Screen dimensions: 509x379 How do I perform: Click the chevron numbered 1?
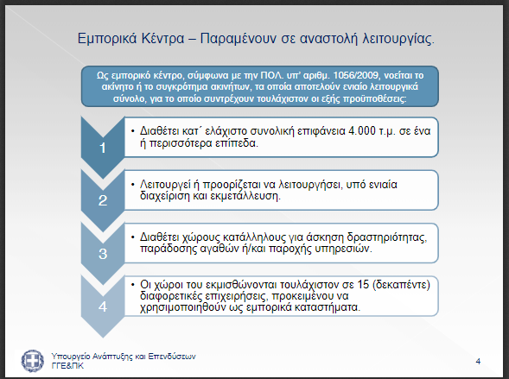[103, 148]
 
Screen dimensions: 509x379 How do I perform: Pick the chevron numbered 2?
[103, 200]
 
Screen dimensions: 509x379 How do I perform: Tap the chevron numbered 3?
[103, 254]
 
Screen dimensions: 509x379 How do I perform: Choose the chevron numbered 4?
[103, 306]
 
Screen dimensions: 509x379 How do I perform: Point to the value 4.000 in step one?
[361, 131]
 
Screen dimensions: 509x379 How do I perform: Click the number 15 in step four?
[363, 284]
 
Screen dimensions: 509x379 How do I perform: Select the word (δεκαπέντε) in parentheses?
[401, 285]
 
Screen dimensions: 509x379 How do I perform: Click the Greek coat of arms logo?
[33, 361]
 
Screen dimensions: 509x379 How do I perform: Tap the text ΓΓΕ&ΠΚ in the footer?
[67, 366]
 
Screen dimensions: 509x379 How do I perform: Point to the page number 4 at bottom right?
[478, 362]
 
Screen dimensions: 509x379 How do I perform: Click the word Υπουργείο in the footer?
[71, 357]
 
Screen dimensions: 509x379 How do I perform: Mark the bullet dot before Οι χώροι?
[132, 285]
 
